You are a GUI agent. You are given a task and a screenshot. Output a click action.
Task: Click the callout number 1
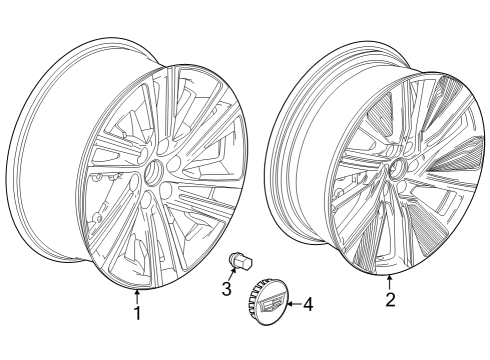pos(137,313)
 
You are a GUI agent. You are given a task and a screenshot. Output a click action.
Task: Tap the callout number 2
pos(390,297)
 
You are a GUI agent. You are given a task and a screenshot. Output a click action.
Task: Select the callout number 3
pos(227,290)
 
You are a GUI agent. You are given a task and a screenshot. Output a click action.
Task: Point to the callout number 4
pos(308,304)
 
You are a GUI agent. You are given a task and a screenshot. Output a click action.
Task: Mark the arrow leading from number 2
pos(390,281)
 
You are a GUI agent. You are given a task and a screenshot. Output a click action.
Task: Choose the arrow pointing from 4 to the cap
pos(291,304)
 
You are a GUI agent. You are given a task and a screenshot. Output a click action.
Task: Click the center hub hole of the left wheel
pos(155,173)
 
